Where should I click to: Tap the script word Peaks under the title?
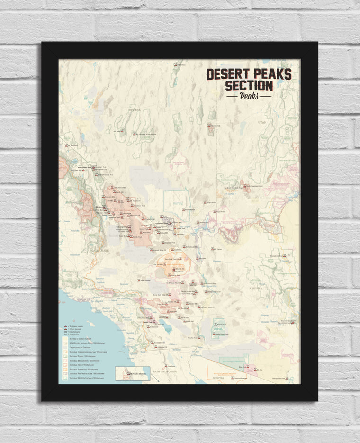249,95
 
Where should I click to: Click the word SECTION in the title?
249,86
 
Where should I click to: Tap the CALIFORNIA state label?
100,250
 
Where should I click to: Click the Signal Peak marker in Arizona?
216,325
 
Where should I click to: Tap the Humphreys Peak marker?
284,256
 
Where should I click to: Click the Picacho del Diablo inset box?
132,373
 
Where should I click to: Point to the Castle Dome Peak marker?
216,335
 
